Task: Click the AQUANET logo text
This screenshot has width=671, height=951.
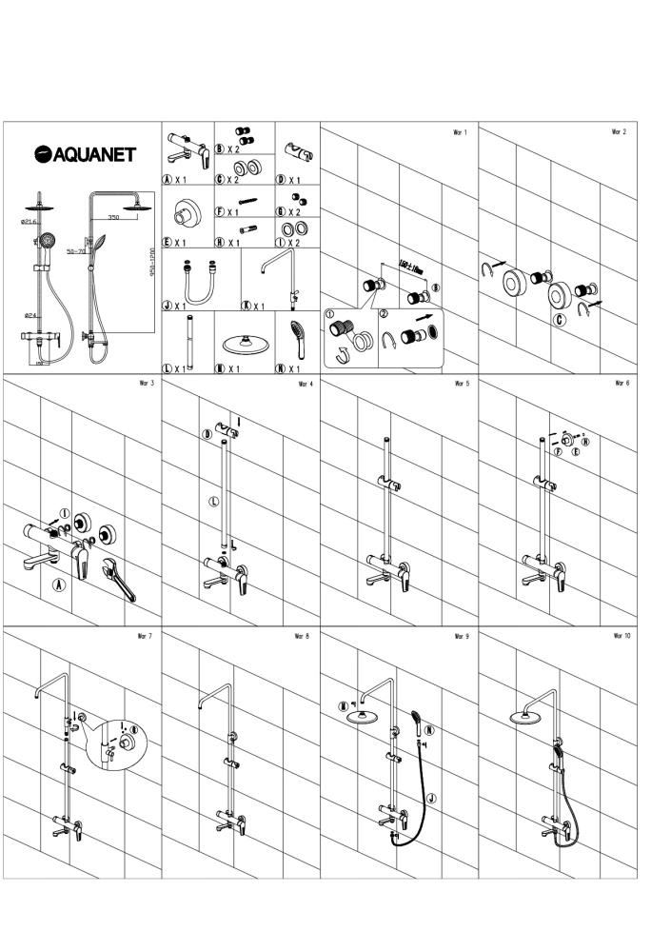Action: pos(86,154)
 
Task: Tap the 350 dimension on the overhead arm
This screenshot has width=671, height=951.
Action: pos(113,218)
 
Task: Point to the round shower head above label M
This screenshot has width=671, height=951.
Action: pos(239,344)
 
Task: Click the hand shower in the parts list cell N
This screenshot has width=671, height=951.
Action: pos(297,336)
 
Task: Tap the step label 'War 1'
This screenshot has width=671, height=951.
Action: pos(459,132)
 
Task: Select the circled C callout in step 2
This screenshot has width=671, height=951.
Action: pos(560,319)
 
